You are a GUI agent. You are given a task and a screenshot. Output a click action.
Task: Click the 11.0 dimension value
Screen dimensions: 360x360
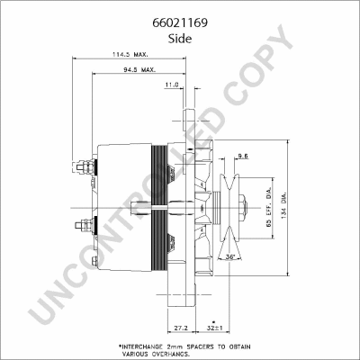[172, 85]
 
